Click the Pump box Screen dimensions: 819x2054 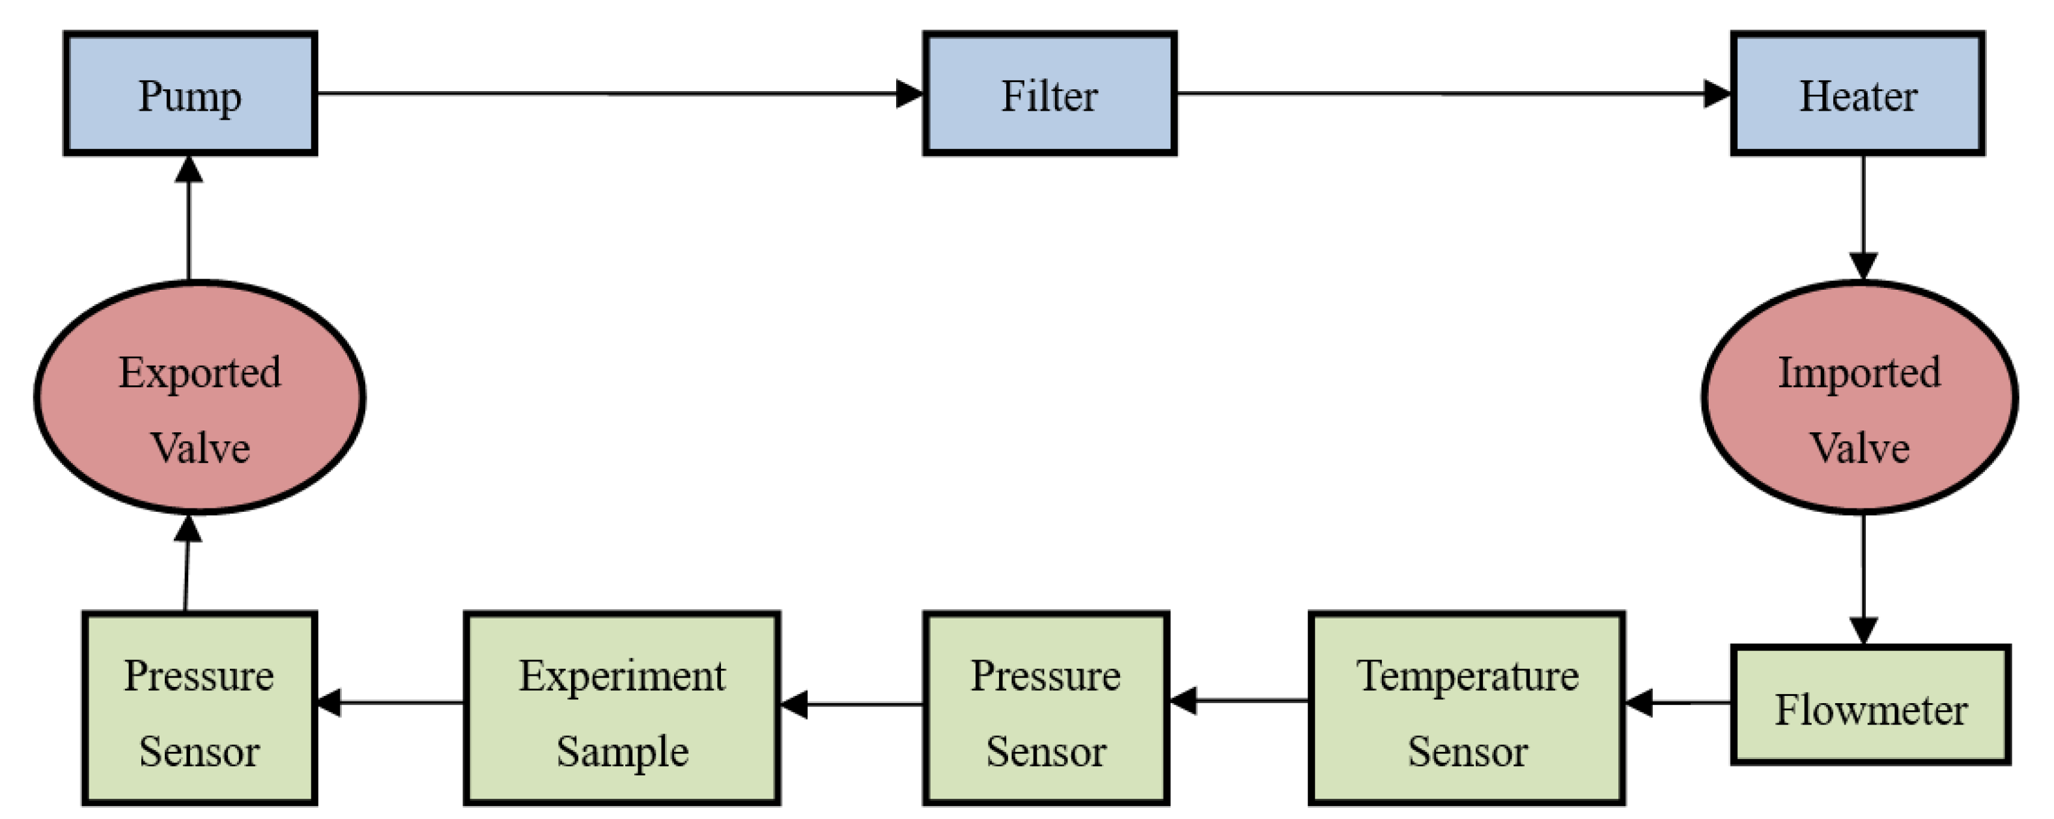coord(190,94)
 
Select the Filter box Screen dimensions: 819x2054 coord(1048,94)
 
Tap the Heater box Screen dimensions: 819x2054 coord(1857,94)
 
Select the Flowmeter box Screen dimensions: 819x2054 coord(1870,705)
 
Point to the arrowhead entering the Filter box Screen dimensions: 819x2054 coord(909,94)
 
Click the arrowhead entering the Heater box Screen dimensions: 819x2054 coord(1717,94)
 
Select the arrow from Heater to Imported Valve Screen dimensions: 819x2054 coord(1863,215)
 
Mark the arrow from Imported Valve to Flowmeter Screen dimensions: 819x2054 coord(1863,578)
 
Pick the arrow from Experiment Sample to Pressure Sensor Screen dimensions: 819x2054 coord(391,702)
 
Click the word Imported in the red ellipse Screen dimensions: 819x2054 coord(1859,373)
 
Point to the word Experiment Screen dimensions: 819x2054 coord(622,676)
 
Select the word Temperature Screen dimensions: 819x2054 coord(1467,676)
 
